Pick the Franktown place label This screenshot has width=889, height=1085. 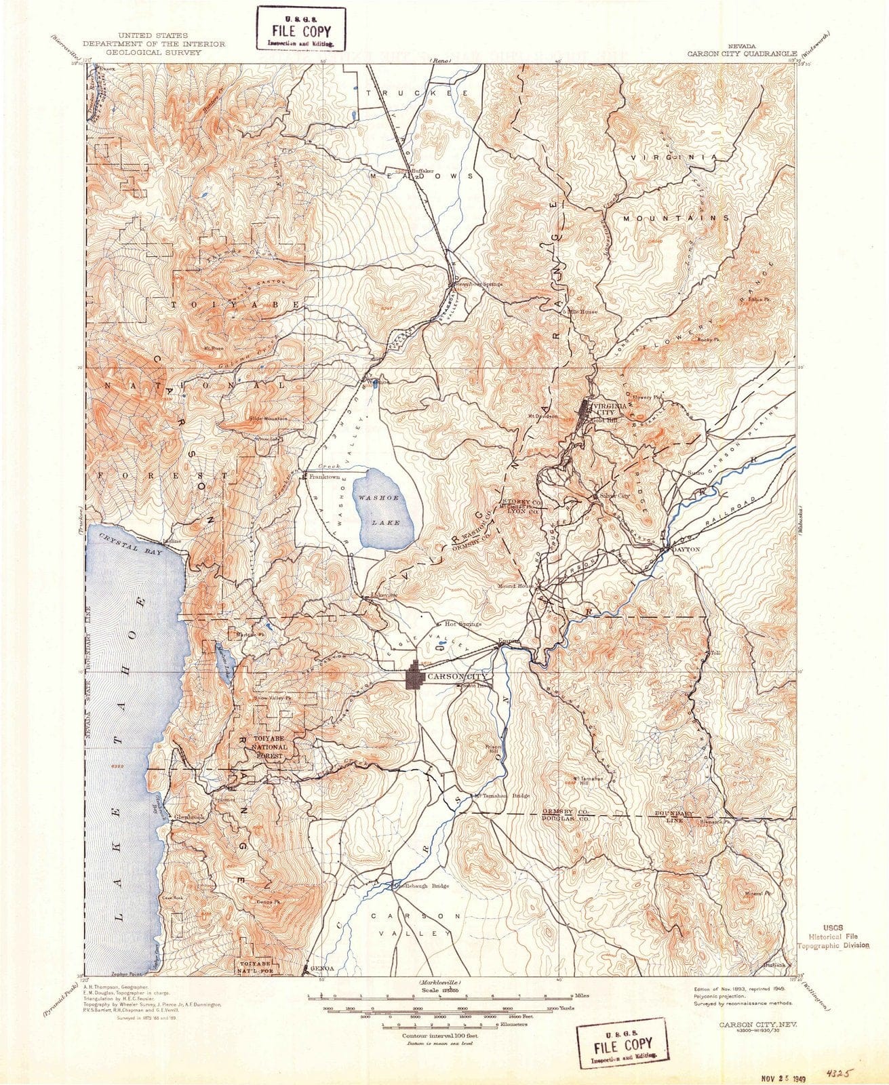tap(323, 477)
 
